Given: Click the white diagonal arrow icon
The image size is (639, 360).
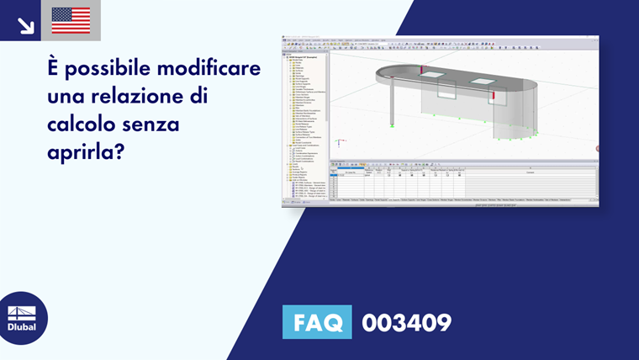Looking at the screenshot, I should click(25, 25).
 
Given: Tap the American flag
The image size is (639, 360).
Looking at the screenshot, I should click(71, 21).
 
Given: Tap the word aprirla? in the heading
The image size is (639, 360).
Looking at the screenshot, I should click(86, 156).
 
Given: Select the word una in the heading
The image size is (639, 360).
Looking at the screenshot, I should click(68, 97).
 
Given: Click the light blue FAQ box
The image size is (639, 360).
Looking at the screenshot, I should click(317, 323).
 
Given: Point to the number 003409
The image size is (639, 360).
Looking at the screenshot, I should click(406, 323).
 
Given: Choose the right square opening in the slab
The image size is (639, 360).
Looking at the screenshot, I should click(483, 82).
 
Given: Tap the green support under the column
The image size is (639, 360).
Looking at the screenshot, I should click(393, 126).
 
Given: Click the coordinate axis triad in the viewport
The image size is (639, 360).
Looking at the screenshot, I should click(338, 144).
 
